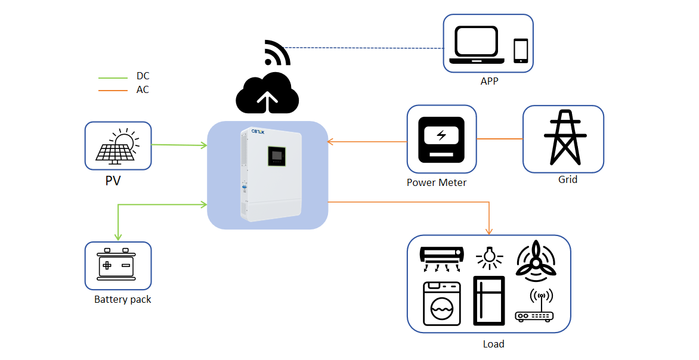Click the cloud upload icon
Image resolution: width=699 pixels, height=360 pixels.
pyautogui.click(x=267, y=93)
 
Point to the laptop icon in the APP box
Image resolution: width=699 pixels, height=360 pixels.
pyautogui.click(x=477, y=45)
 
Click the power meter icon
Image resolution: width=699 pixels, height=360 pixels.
pyautogui.click(x=441, y=139)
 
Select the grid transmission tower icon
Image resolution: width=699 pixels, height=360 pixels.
pyautogui.click(x=562, y=138)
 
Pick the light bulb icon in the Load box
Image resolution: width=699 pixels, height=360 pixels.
pyautogui.click(x=489, y=256)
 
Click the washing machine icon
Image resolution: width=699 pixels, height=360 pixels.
pyautogui.click(x=442, y=303)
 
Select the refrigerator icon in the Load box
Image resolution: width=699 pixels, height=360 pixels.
pyautogui.click(x=488, y=300)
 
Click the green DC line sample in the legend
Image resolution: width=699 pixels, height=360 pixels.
pyautogui.click(x=113, y=77)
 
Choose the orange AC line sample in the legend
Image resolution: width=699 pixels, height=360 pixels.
pyautogui.click(x=113, y=91)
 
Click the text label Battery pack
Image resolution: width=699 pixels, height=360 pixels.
pyautogui.click(x=123, y=300)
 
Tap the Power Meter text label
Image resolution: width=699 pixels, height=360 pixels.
pyautogui.click(x=437, y=182)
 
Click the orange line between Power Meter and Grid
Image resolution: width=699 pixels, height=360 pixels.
pyautogui.click(x=499, y=139)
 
